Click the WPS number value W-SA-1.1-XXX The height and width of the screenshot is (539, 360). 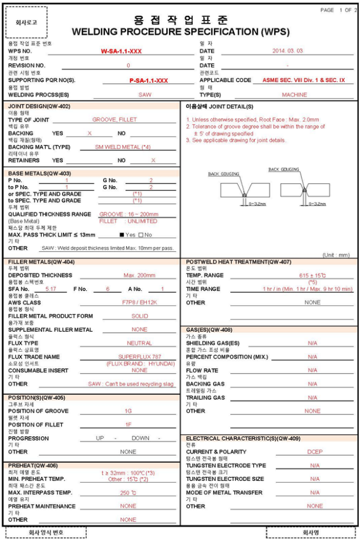click(121, 51)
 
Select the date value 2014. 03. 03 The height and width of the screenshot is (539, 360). click(287, 51)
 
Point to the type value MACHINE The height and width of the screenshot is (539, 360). click(294, 95)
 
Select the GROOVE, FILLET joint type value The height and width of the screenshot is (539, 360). click(115, 120)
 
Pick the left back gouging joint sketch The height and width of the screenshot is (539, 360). click(241, 189)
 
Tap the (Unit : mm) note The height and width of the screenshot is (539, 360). click(336, 255)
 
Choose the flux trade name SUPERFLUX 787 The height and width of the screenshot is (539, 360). click(139, 357)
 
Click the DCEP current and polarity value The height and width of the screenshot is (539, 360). click(315, 452)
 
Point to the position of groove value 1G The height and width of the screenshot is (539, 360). click(128, 411)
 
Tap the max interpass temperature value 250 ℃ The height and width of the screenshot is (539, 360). click(128, 493)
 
